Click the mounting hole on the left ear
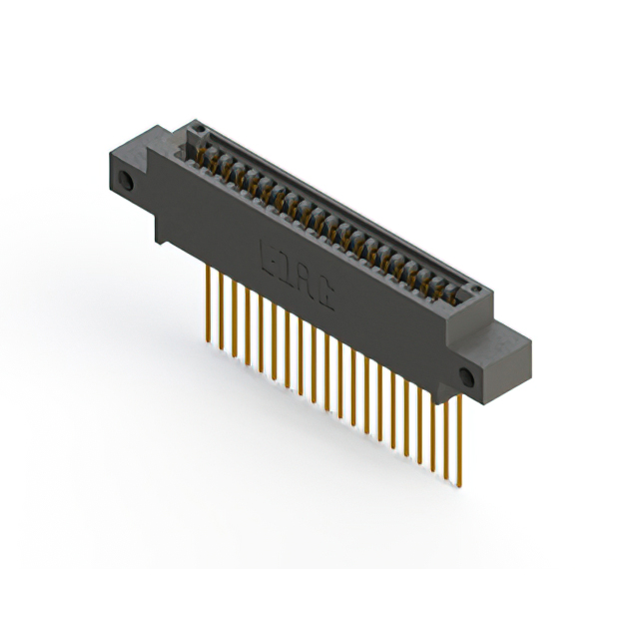tap(127, 182)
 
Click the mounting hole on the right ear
tap(464, 375)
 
